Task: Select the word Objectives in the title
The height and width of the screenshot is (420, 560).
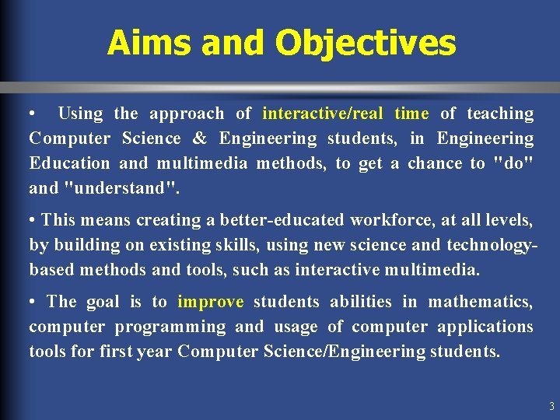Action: [x=365, y=43]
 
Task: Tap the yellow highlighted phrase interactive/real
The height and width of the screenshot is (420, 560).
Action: [x=323, y=114]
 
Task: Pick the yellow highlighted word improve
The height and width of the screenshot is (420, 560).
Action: [x=211, y=302]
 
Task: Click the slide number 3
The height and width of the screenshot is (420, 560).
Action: [x=551, y=406]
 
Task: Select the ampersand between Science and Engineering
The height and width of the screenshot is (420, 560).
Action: [x=199, y=138]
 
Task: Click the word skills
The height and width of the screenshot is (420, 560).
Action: [x=236, y=245]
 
